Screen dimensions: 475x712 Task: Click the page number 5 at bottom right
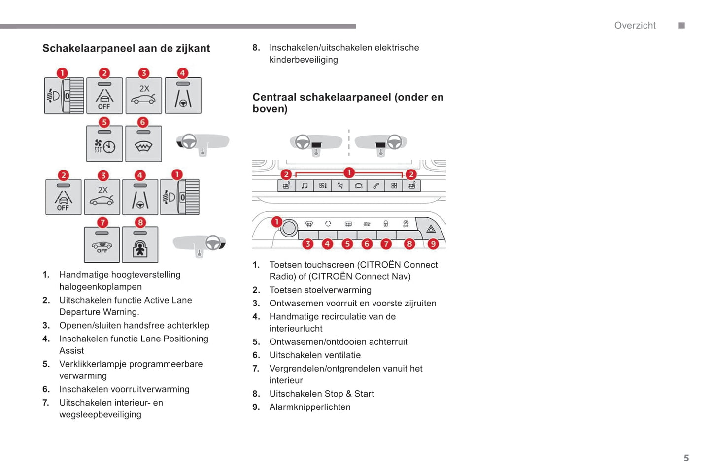pos(686,458)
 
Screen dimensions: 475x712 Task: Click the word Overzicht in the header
pos(635,26)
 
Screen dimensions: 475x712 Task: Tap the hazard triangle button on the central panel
pos(431,229)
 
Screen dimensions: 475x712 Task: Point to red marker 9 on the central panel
pos(433,244)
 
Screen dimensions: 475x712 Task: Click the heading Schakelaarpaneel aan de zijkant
pos(126,48)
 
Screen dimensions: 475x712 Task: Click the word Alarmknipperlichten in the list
pos(310,407)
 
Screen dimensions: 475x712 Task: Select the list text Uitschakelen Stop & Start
pos(322,394)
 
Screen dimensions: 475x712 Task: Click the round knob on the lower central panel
pos(289,228)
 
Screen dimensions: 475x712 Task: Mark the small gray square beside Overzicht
pos(681,26)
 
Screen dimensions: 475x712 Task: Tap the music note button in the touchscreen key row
pos(305,186)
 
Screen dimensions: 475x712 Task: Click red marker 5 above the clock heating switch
pos(104,122)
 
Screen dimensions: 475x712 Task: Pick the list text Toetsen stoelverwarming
pos(320,290)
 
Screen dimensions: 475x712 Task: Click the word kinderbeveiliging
pos(304,60)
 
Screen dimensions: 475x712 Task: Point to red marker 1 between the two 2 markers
pos(349,172)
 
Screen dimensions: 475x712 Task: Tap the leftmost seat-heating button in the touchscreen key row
pos(286,186)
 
